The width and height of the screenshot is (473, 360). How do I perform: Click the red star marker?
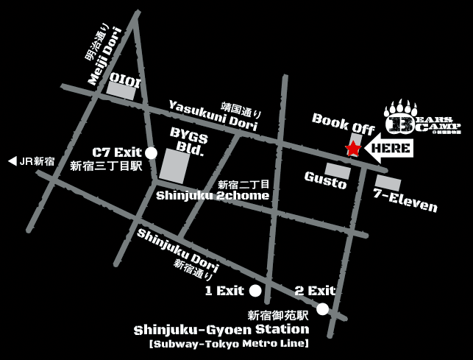pyautogui.click(x=353, y=149)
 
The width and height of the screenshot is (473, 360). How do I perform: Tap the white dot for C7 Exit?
pyautogui.click(x=152, y=152)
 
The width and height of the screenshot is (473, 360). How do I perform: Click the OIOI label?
pyautogui.click(x=125, y=77)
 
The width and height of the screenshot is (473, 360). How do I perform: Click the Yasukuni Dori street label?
pyautogui.click(x=213, y=117)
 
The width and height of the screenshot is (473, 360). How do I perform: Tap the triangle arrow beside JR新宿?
pyautogui.click(x=13, y=161)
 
